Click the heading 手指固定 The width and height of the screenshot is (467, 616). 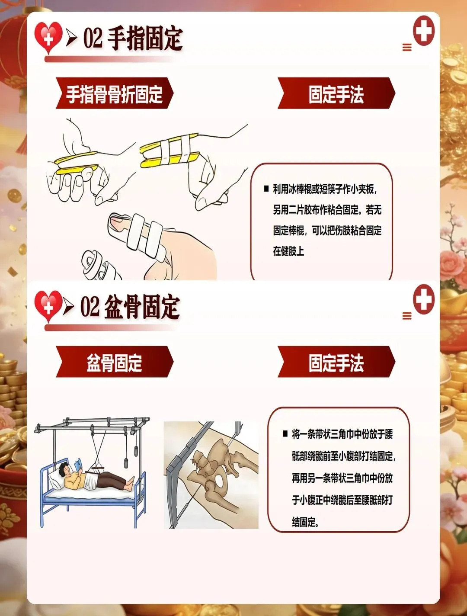point(145,39)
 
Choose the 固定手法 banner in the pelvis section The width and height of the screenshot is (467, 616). point(336,362)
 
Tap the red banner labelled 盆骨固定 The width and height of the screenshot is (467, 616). point(115,362)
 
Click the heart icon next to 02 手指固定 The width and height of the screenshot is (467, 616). point(48,37)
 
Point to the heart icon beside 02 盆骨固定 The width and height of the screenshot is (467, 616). point(48,306)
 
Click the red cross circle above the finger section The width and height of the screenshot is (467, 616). point(423,31)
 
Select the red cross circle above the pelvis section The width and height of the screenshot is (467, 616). point(423,299)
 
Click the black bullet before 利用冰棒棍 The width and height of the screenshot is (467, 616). point(266,189)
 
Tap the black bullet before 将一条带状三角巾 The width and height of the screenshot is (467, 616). point(285,434)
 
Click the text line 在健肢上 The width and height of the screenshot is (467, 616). point(288,251)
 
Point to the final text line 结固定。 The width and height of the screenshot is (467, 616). point(306,523)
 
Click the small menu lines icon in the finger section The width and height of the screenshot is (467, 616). point(407,47)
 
